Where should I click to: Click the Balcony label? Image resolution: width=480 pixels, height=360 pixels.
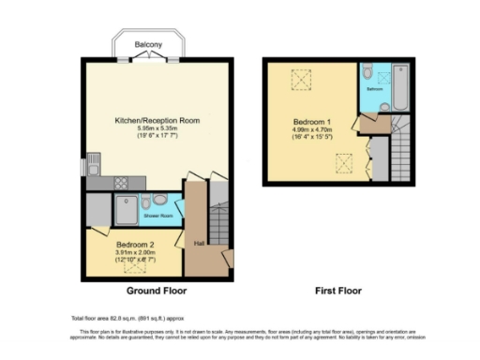(x=146, y=44)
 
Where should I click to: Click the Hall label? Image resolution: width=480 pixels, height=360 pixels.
(x=199, y=244)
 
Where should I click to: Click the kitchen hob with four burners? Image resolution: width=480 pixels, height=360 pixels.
(x=122, y=182)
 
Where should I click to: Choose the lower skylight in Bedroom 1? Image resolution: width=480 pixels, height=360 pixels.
(x=344, y=169)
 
